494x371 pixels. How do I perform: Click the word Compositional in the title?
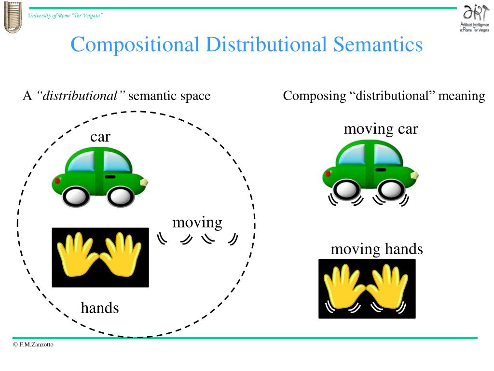click(x=135, y=45)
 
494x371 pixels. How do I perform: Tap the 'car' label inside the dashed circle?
click(x=100, y=137)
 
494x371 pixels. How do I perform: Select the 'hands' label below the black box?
click(x=100, y=307)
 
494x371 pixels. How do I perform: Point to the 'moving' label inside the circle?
click(x=197, y=222)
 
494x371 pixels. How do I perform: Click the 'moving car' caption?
click(x=381, y=129)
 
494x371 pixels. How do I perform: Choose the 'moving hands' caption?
click(x=376, y=249)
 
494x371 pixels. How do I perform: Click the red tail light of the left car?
click(x=57, y=181)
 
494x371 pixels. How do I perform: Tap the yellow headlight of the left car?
click(x=143, y=182)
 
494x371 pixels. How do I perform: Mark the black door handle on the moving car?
click(x=381, y=170)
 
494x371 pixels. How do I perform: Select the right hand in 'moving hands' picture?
click(x=388, y=286)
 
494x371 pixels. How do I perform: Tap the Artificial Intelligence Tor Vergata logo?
click(x=475, y=19)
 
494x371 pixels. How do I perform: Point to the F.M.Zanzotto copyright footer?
click(x=34, y=344)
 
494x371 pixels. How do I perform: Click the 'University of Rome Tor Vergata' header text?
click(x=65, y=15)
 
